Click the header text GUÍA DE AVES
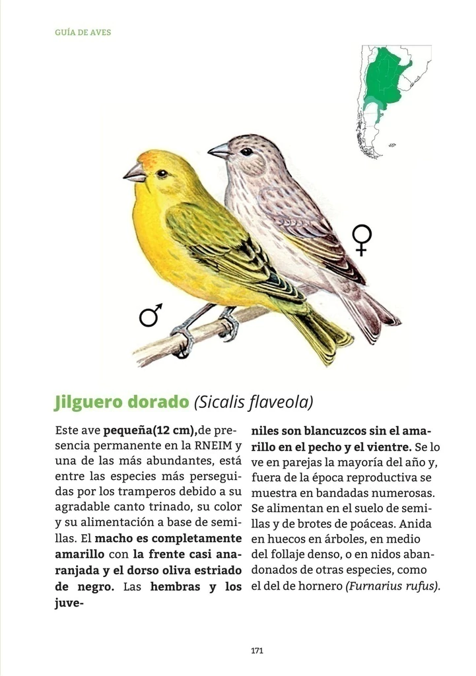[83, 32]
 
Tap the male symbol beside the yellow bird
[151, 316]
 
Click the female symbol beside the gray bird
[362, 239]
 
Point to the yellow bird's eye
[162, 174]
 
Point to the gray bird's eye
[246, 152]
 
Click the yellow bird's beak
[135, 174]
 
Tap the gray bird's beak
[219, 152]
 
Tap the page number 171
[257, 650]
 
